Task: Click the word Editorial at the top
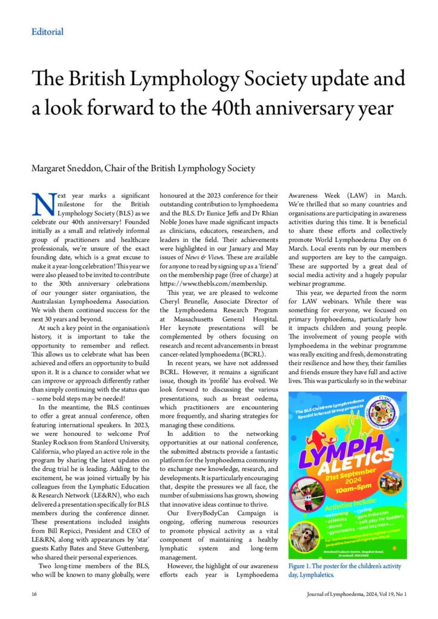pyautogui.click(x=47, y=31)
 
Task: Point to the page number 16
pyautogui.click(x=35, y=595)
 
